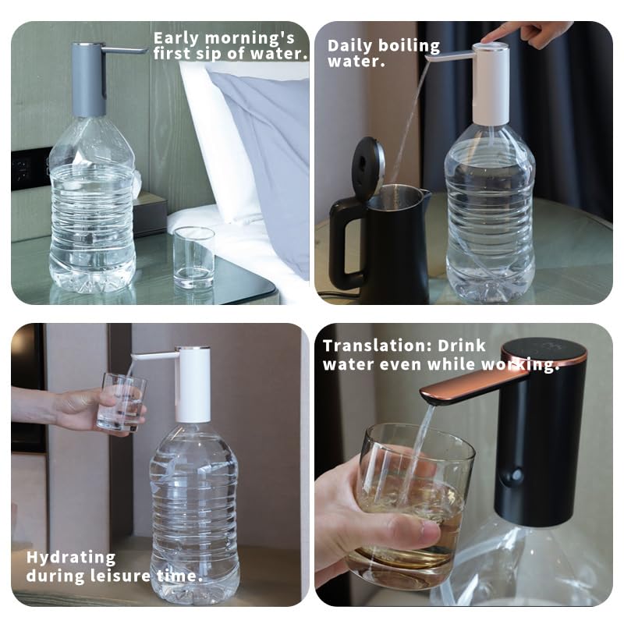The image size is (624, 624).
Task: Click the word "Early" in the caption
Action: pyautogui.click(x=175, y=38)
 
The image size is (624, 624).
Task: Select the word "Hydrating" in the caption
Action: pyautogui.click(x=71, y=558)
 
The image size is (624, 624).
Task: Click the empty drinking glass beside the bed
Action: pyautogui.click(x=193, y=257)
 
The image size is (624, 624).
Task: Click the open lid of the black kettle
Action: pyautogui.click(x=367, y=166)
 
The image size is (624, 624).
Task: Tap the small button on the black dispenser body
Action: pyautogui.click(x=516, y=475)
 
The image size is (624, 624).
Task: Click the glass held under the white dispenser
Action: pyautogui.click(x=122, y=402)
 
